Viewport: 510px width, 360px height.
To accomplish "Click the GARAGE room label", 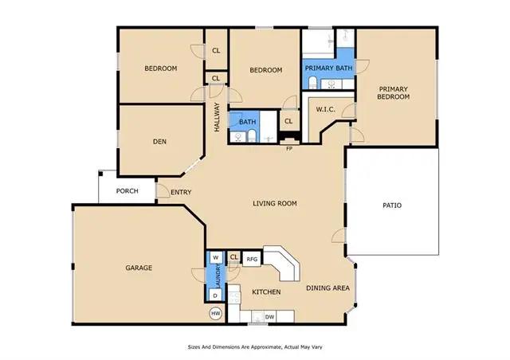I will click(139, 268).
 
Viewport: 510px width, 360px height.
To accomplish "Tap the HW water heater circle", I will click(215, 314).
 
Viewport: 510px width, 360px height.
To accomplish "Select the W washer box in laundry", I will click(215, 258).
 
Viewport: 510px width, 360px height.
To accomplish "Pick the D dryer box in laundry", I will click(215, 295).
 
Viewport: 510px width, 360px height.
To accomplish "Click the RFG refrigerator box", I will click(251, 258).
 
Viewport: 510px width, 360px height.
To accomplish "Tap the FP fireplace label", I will click(289, 148).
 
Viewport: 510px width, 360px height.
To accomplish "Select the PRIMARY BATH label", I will click(328, 68).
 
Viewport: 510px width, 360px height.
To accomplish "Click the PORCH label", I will click(127, 190).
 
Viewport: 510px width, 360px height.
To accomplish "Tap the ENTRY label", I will click(180, 191).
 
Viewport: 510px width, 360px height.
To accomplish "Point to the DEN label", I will click(159, 143).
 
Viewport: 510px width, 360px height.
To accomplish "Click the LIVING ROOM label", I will click(275, 204).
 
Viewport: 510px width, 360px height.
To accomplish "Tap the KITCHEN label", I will click(266, 292).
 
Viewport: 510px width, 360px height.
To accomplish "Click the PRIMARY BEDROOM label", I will click(394, 92).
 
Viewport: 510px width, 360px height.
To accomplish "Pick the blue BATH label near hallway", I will click(247, 122).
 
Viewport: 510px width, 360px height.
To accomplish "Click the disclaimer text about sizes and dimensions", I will click(255, 347).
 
